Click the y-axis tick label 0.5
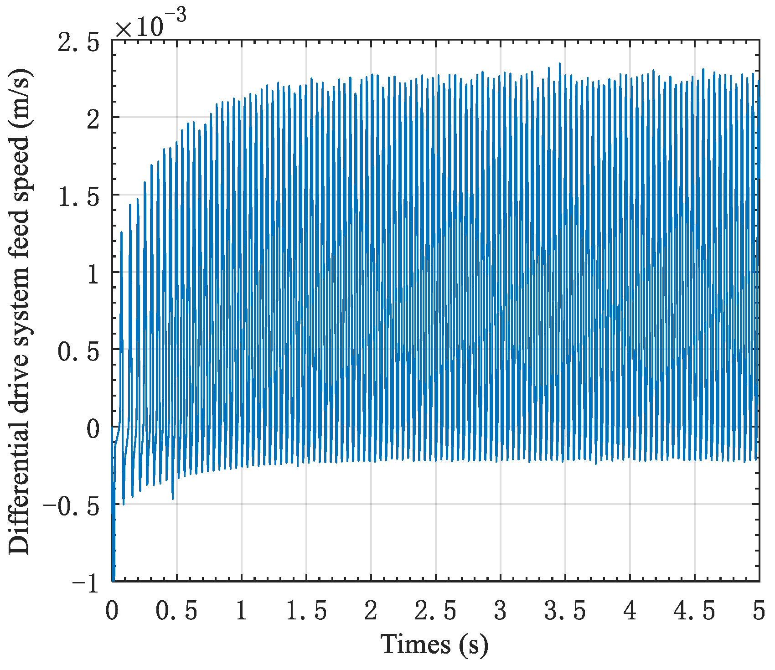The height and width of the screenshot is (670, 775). (78, 352)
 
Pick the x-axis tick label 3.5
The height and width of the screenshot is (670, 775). (565, 611)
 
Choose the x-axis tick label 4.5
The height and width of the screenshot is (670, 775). (694, 611)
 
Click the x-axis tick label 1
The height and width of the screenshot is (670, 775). (241, 611)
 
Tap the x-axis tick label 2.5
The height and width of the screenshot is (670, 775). (435, 611)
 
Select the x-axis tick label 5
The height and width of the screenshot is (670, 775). (759, 611)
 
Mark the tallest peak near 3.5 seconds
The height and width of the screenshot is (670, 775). (559, 64)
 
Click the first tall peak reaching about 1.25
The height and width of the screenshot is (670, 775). (121, 232)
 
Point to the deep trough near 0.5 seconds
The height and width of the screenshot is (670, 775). (173, 499)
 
